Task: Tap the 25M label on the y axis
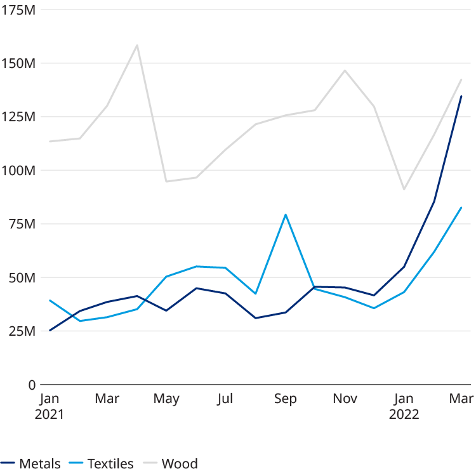tap(21, 331)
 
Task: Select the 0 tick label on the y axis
tap(30, 385)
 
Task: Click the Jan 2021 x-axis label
tap(50, 406)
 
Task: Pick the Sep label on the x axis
tap(285, 399)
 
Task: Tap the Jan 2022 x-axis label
tap(404, 406)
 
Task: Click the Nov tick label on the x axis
tap(345, 399)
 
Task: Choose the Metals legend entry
tap(31, 463)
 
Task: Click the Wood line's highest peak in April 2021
tap(137, 44)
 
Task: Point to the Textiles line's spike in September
tap(286, 215)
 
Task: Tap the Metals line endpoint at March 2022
tap(461, 96)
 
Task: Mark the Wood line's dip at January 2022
tap(404, 190)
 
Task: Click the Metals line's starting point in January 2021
tap(50, 330)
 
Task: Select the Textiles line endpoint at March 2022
tap(461, 208)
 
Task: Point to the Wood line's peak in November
tap(345, 70)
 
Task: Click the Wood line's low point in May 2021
tap(166, 182)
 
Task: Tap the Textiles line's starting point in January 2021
tap(50, 301)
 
